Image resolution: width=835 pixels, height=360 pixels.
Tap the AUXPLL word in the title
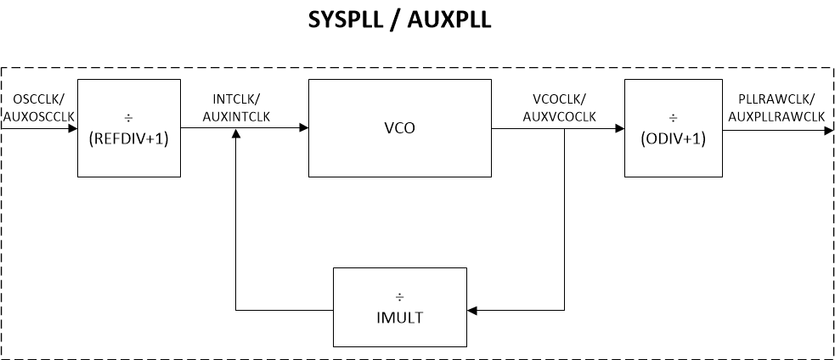(x=451, y=20)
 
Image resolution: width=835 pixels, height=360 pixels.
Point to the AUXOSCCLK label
(x=39, y=115)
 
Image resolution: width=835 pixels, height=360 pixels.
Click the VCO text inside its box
(x=399, y=129)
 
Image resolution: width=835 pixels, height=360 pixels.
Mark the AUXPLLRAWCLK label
(x=776, y=115)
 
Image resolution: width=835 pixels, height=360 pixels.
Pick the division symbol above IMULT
(x=399, y=297)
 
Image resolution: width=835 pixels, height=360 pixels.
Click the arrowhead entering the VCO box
(x=302, y=129)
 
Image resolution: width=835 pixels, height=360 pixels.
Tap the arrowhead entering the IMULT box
(x=472, y=311)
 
